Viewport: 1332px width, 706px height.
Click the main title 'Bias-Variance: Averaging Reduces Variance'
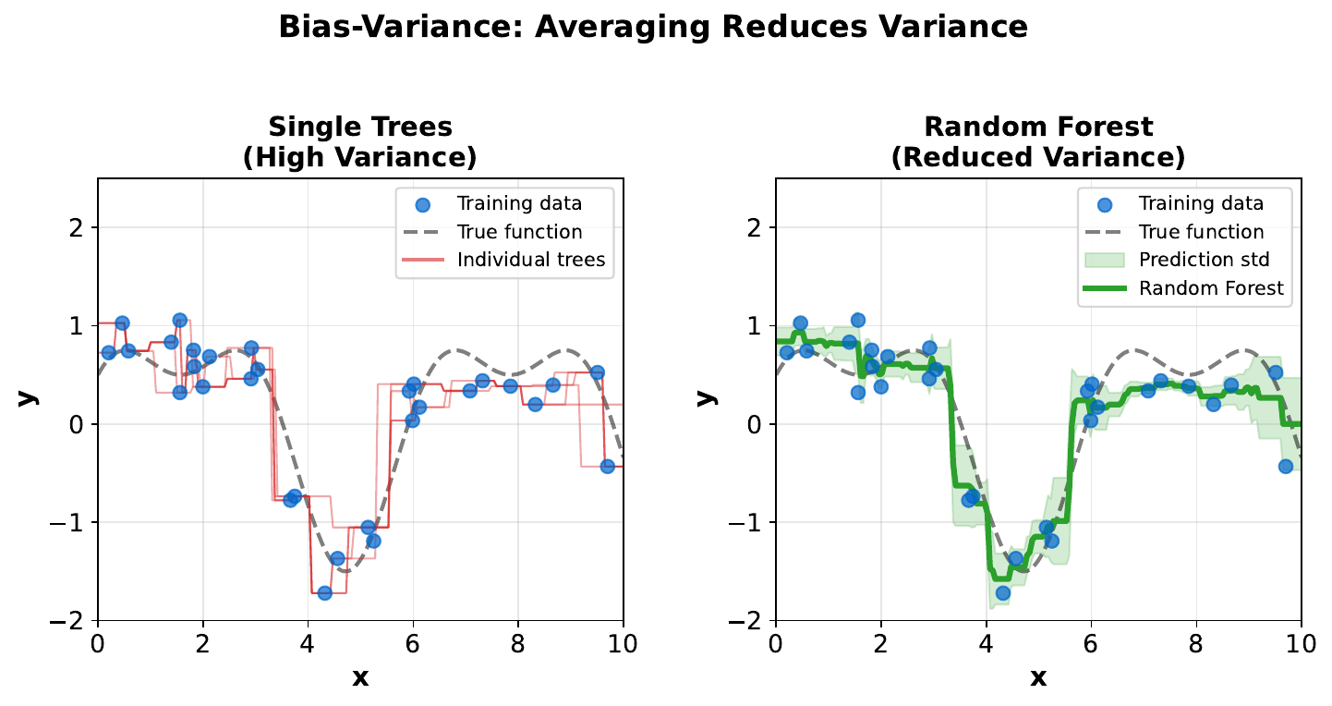point(653,27)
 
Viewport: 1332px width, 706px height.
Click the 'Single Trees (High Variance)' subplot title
point(359,141)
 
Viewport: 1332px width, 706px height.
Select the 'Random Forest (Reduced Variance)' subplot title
point(1037,141)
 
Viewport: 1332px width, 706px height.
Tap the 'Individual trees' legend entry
point(530,261)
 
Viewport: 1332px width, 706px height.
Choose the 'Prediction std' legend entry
point(1204,259)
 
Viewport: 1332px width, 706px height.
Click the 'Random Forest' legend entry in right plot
point(1211,288)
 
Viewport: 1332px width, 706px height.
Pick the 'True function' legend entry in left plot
point(519,232)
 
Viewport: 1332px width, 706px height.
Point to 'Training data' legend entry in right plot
point(1201,203)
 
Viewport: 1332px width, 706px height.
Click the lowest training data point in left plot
point(324,592)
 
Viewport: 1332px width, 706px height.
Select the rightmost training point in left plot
point(607,467)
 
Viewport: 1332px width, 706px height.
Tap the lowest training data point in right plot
point(1002,592)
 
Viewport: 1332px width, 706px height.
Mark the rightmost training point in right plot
point(1285,467)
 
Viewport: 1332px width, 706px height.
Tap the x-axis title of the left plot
point(359,677)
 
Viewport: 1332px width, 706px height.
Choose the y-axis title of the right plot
point(706,396)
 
